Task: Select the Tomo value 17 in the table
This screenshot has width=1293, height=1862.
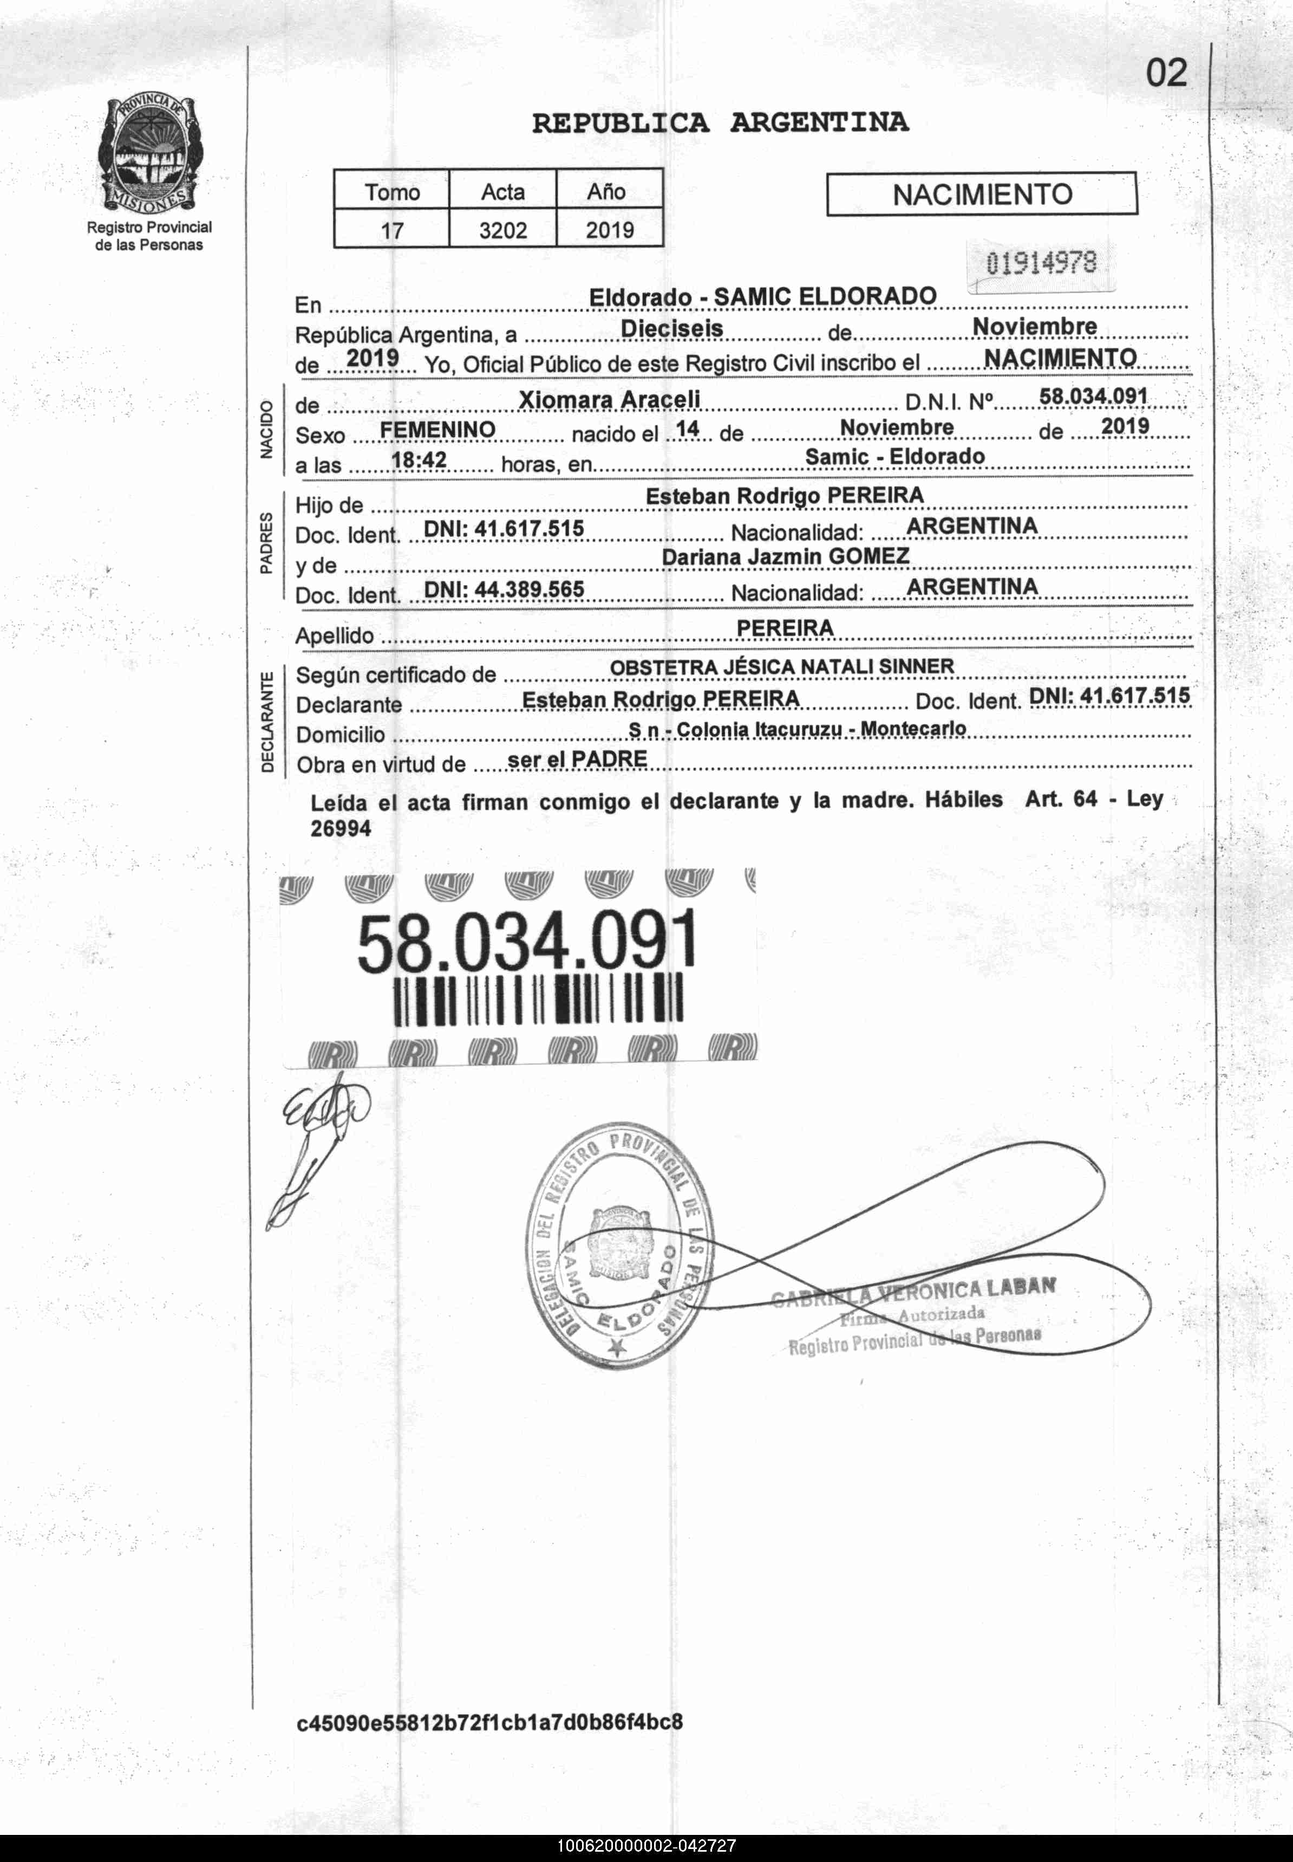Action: (x=392, y=230)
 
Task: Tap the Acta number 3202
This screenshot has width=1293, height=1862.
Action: (x=502, y=230)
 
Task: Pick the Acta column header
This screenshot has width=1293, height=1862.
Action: (x=502, y=192)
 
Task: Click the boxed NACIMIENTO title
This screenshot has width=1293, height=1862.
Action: (x=981, y=194)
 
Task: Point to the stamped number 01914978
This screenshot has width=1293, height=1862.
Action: (x=1041, y=263)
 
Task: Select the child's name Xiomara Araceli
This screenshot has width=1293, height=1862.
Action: (x=609, y=400)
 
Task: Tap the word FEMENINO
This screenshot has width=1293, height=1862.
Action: (x=437, y=429)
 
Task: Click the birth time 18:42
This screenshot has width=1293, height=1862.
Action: (x=419, y=459)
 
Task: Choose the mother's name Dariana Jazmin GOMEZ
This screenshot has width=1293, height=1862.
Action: (x=785, y=556)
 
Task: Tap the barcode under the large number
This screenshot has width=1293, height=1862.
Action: (x=538, y=998)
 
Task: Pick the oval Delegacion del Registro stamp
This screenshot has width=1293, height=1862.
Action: (x=620, y=1250)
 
